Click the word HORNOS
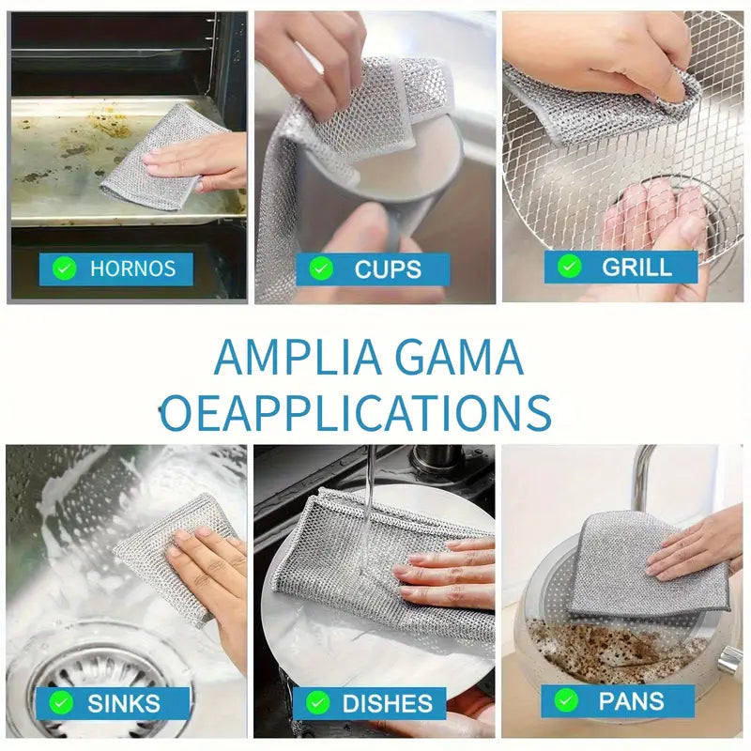132,268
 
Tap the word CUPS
388,269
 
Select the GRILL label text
636,268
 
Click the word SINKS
124,703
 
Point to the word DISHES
388,703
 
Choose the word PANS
631,701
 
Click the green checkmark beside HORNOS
65,268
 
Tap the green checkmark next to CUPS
321,268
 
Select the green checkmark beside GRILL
570,267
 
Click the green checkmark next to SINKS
61,703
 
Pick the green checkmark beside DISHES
317,703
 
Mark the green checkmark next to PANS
566,700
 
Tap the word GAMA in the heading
459,358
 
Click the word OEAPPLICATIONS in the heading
356,413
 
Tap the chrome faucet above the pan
640,474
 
